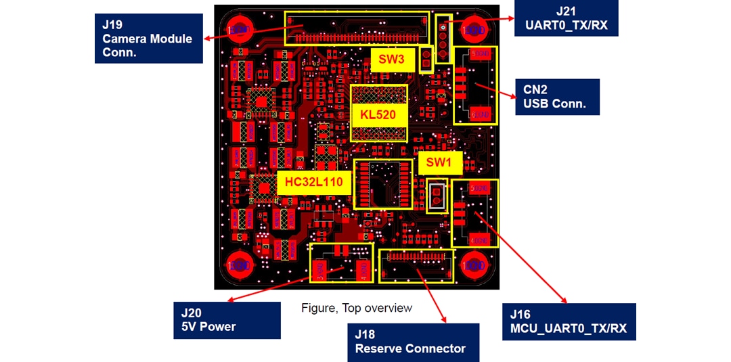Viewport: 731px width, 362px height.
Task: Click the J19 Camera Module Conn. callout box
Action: click(149, 39)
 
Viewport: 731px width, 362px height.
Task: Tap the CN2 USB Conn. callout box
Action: click(557, 97)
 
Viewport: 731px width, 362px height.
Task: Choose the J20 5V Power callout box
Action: click(227, 320)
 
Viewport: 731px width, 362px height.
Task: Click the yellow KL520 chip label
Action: click(378, 114)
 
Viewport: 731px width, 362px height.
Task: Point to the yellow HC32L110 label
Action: click(313, 182)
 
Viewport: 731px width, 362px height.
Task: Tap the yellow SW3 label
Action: click(391, 60)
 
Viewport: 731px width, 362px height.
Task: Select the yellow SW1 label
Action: click(439, 162)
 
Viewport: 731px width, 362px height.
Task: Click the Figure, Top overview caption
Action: click(357, 309)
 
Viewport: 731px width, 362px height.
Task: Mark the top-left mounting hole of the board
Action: click(240, 30)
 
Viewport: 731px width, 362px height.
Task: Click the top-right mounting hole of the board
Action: click(475, 30)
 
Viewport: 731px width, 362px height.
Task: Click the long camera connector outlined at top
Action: click(358, 28)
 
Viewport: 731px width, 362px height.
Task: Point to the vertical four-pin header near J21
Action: click(443, 40)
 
